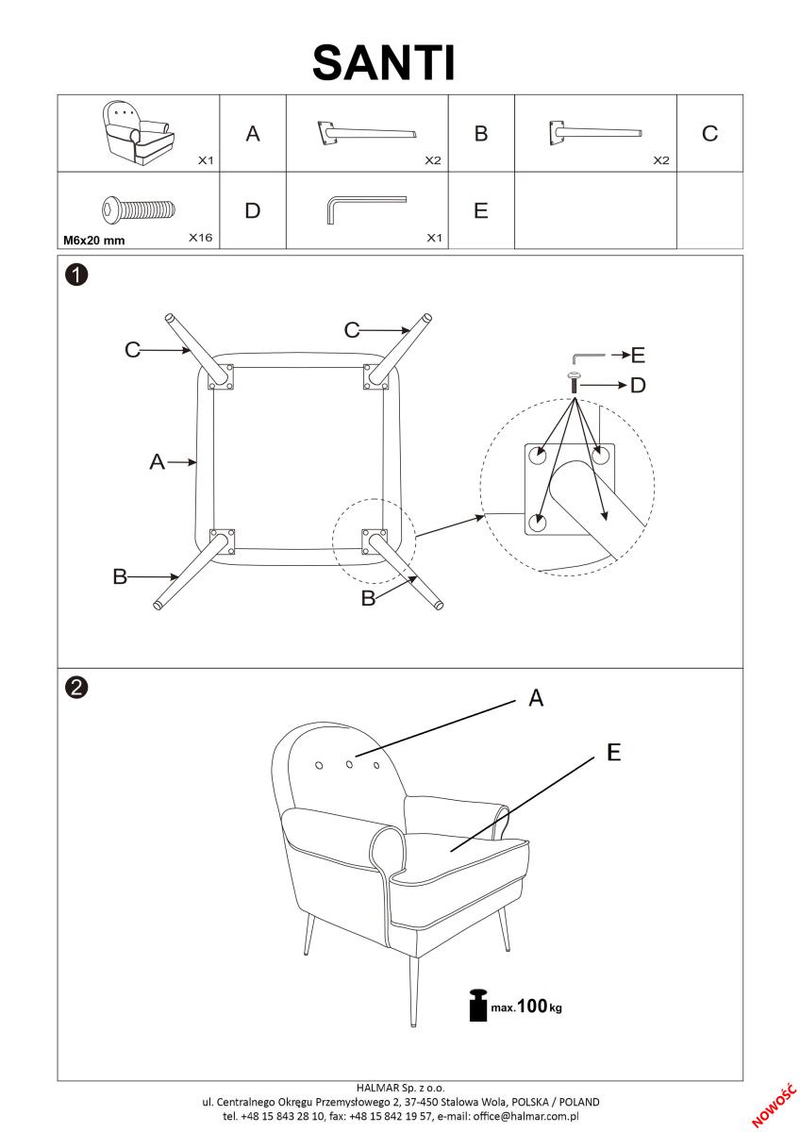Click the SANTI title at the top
click(x=384, y=62)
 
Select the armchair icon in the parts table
click(x=139, y=133)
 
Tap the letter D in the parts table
click(x=252, y=210)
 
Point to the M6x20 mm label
click(x=93, y=241)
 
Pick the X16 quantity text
click(x=200, y=238)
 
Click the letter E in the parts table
click(x=480, y=211)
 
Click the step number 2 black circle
click(x=76, y=687)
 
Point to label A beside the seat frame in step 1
click(x=158, y=462)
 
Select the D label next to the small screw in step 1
click(x=638, y=385)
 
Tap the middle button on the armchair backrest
click(x=349, y=763)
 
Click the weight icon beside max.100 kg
click(x=478, y=1006)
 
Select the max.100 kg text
click(x=526, y=1007)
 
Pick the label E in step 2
click(x=613, y=752)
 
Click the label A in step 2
click(x=536, y=698)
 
